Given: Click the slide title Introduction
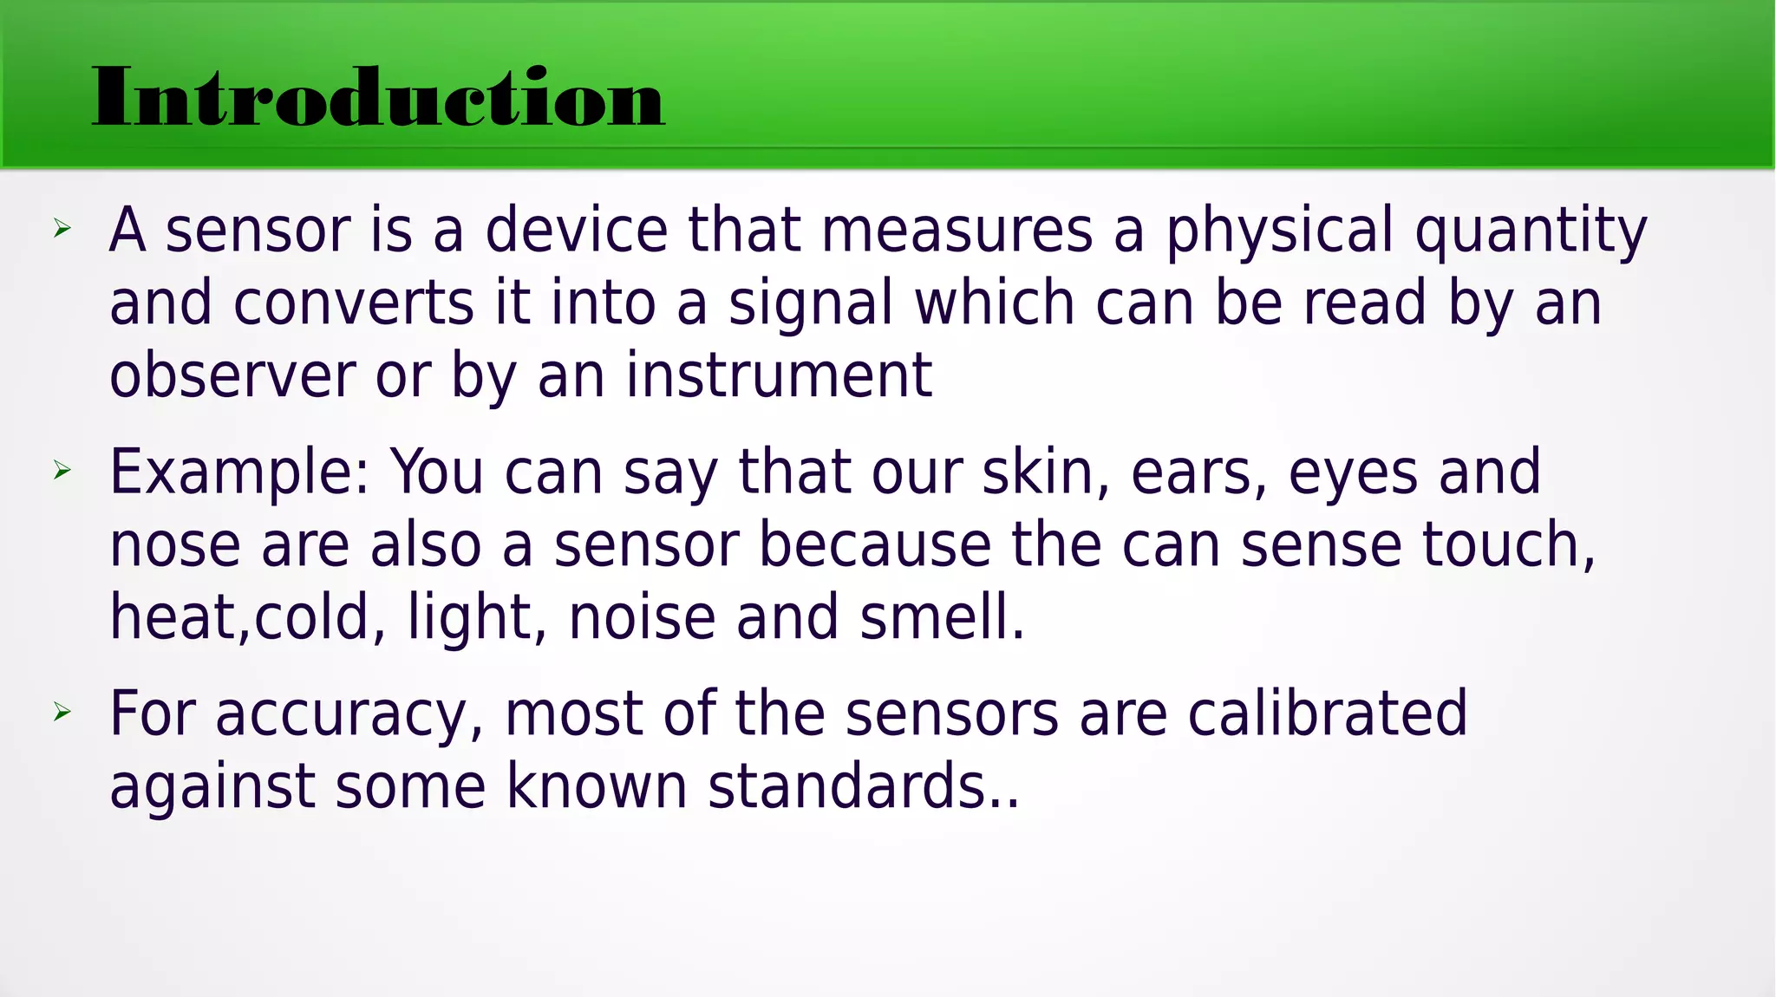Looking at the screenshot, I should (378, 97).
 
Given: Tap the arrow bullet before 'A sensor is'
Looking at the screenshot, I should (62, 229).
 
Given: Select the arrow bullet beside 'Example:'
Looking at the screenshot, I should (62, 471).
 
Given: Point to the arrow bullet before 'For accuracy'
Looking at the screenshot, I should (62, 713).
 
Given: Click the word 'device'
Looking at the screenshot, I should (577, 231).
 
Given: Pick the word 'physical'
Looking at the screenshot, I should (1279, 232).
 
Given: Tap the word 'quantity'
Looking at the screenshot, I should (1531, 232).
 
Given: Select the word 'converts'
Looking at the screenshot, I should (354, 303).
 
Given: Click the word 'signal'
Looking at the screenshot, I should (811, 305).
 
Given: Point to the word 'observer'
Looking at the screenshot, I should (232, 375).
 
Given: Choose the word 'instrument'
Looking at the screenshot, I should (779, 375).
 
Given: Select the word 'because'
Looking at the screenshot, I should (875, 545).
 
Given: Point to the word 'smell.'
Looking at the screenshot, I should (943, 617).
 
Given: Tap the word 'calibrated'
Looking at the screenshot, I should (1327, 714).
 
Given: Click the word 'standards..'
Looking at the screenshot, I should (864, 786).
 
